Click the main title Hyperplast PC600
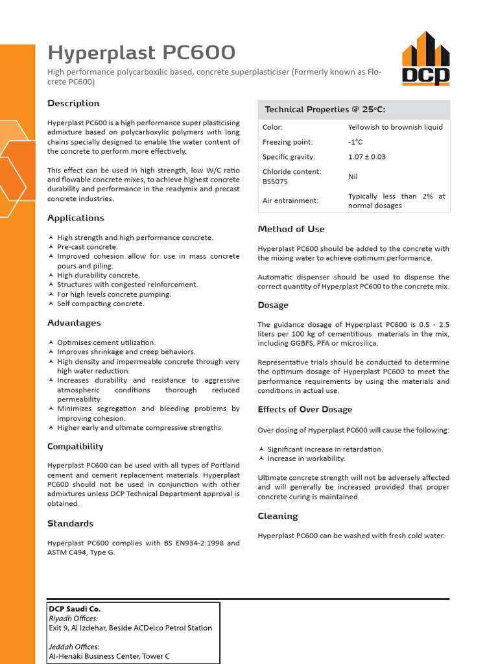pos(142,53)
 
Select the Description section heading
pos(73,103)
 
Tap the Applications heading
pos(76,218)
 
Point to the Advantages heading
pos(74,323)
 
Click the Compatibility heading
pos(75,446)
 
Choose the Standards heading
pos(70,523)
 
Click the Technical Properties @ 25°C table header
pos(325,110)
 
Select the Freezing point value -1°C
pos(355,142)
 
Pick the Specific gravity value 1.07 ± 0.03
pos(366,157)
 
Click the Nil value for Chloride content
pos(353,176)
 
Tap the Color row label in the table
pos(272,127)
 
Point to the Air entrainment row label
pos(290,200)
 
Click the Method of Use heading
pos(291,229)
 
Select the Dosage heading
pos(273,305)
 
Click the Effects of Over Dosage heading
pos(305,409)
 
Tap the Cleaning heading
pos(278,516)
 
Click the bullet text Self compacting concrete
pos(101,303)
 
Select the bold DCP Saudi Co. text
pos(75,609)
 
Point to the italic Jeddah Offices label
pos(74,646)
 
